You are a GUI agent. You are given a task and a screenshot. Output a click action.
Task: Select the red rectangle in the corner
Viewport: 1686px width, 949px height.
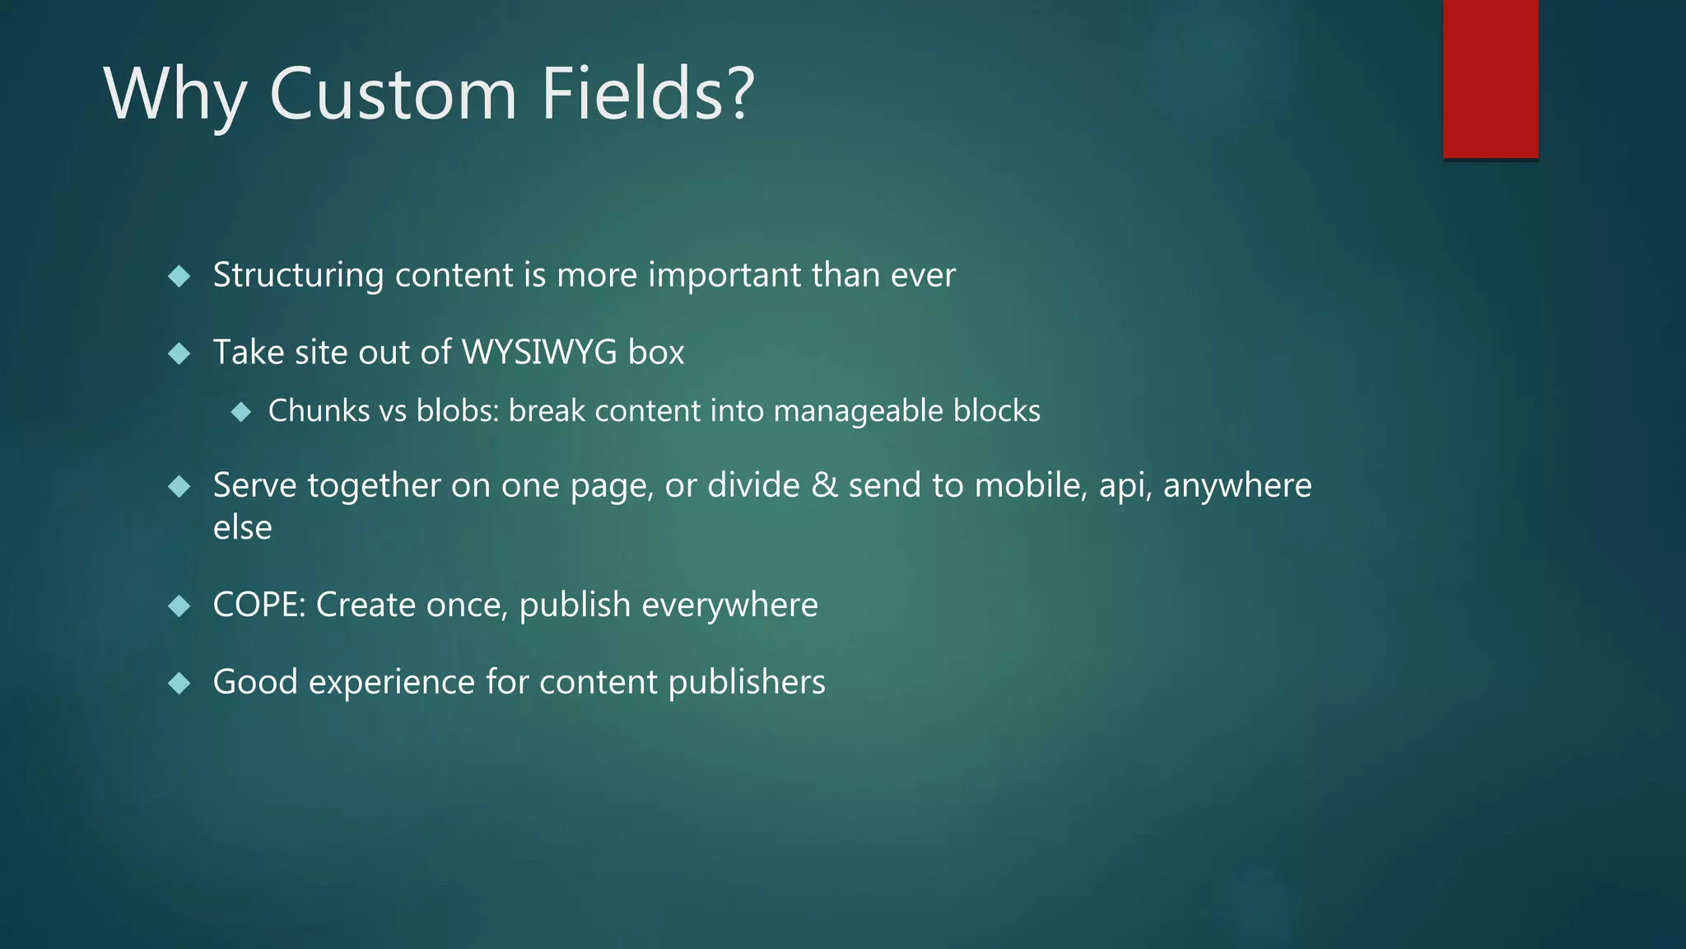tap(1490, 79)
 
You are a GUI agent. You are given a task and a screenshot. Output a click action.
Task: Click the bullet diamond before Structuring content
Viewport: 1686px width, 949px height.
tap(179, 276)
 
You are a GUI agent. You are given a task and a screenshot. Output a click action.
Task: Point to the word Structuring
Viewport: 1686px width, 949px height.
tap(298, 276)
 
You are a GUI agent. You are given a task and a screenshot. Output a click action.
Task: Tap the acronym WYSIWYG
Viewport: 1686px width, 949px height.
tap(539, 353)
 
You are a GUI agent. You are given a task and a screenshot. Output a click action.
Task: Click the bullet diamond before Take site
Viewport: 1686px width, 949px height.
tap(179, 354)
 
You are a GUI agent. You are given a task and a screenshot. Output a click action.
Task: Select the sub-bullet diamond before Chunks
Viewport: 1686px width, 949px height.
tap(241, 412)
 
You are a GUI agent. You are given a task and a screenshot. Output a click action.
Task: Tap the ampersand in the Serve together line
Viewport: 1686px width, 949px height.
tap(824, 485)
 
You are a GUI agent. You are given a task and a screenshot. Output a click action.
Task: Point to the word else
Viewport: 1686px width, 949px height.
tap(242, 528)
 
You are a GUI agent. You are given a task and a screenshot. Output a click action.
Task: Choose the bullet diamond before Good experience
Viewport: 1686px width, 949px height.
tap(179, 683)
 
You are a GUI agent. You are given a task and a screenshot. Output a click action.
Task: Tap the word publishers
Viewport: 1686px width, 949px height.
tap(747, 683)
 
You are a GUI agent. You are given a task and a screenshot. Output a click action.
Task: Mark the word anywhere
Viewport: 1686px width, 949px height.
tap(1237, 485)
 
